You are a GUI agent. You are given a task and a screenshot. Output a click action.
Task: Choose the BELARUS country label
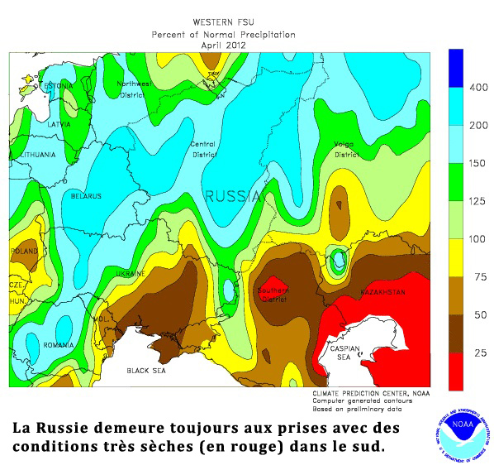pyautogui.click(x=85, y=196)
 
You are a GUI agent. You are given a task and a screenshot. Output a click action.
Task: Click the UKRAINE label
pyautogui.click(x=130, y=273)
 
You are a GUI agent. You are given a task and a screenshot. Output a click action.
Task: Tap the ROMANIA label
pyautogui.click(x=59, y=343)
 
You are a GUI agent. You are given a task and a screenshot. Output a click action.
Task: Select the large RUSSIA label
pyautogui.click(x=233, y=197)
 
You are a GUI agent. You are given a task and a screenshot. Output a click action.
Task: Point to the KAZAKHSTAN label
pyautogui.click(x=381, y=293)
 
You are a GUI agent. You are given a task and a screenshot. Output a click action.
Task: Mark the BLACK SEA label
pyautogui.click(x=148, y=371)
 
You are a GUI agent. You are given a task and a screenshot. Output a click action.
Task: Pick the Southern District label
pyautogui.click(x=273, y=295)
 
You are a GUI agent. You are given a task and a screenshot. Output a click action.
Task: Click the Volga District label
pyautogui.click(x=345, y=149)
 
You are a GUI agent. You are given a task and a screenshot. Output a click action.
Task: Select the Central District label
pyautogui.click(x=204, y=149)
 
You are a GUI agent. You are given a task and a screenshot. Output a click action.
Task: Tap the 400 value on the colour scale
pyautogui.click(x=478, y=87)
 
